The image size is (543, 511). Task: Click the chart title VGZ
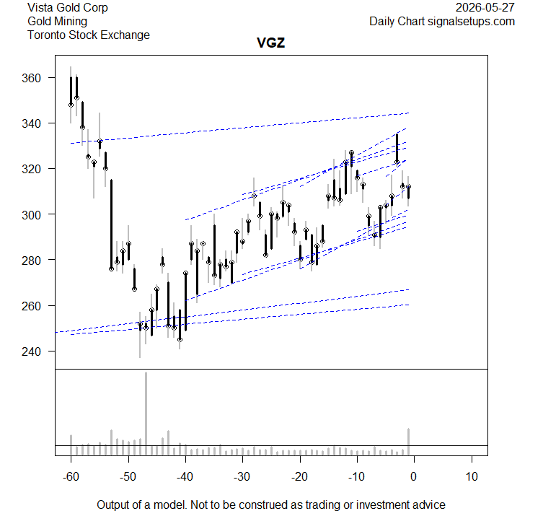coord(271,43)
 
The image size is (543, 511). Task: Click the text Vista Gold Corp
coord(68,7)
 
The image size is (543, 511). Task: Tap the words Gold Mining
coord(57,21)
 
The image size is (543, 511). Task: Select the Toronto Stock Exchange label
coord(89,35)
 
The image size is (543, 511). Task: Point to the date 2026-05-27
coord(485,7)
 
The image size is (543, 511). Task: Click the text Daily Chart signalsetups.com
coord(442,21)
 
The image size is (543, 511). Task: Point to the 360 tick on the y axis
coord(31,78)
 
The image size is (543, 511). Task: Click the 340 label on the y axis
coord(31,123)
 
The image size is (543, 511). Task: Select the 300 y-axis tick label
coord(31,215)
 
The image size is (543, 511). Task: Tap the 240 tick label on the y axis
coord(31,351)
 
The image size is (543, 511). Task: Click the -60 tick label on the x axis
coord(71,476)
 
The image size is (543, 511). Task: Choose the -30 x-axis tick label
coord(242,476)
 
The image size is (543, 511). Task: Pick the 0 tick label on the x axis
coord(413,476)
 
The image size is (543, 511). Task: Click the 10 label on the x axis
coord(472,476)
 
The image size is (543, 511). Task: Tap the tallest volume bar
coord(146,414)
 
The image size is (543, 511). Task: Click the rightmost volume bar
coord(409,442)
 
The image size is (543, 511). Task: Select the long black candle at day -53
coord(111,224)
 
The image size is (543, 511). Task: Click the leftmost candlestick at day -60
coord(71,95)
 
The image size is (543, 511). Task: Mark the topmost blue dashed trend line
coord(239,128)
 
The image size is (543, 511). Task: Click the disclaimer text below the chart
coord(271,505)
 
